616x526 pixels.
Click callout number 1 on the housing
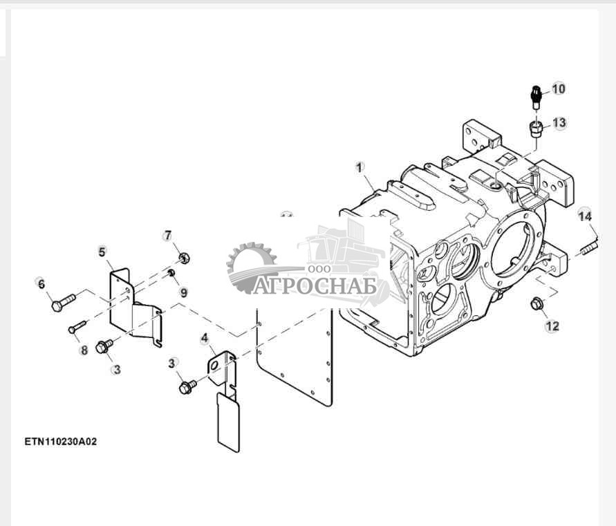click(359, 167)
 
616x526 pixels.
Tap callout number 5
click(102, 252)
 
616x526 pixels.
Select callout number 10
click(558, 88)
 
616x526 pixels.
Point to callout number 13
click(559, 123)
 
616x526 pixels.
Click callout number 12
click(552, 326)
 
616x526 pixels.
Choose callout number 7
click(167, 236)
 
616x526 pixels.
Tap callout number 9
click(183, 292)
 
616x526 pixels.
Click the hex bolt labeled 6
click(63, 302)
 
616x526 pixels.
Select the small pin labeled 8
click(77, 326)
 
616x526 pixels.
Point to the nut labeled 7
click(183, 259)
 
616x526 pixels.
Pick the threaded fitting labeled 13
click(534, 129)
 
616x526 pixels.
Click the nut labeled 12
click(536, 303)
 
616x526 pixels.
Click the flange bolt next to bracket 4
click(186, 387)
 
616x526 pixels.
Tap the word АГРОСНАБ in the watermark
click(315, 285)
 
